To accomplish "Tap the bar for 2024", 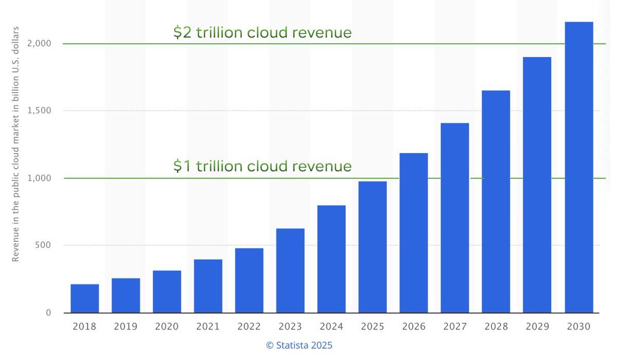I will tap(332, 259).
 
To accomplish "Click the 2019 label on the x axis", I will tap(126, 327).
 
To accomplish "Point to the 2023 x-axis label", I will tap(291, 327).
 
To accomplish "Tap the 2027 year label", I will tap(455, 327).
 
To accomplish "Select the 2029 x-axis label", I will tap(537, 327).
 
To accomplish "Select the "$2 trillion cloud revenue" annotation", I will tap(262, 33).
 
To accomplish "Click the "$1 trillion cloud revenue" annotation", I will tap(262, 166).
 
